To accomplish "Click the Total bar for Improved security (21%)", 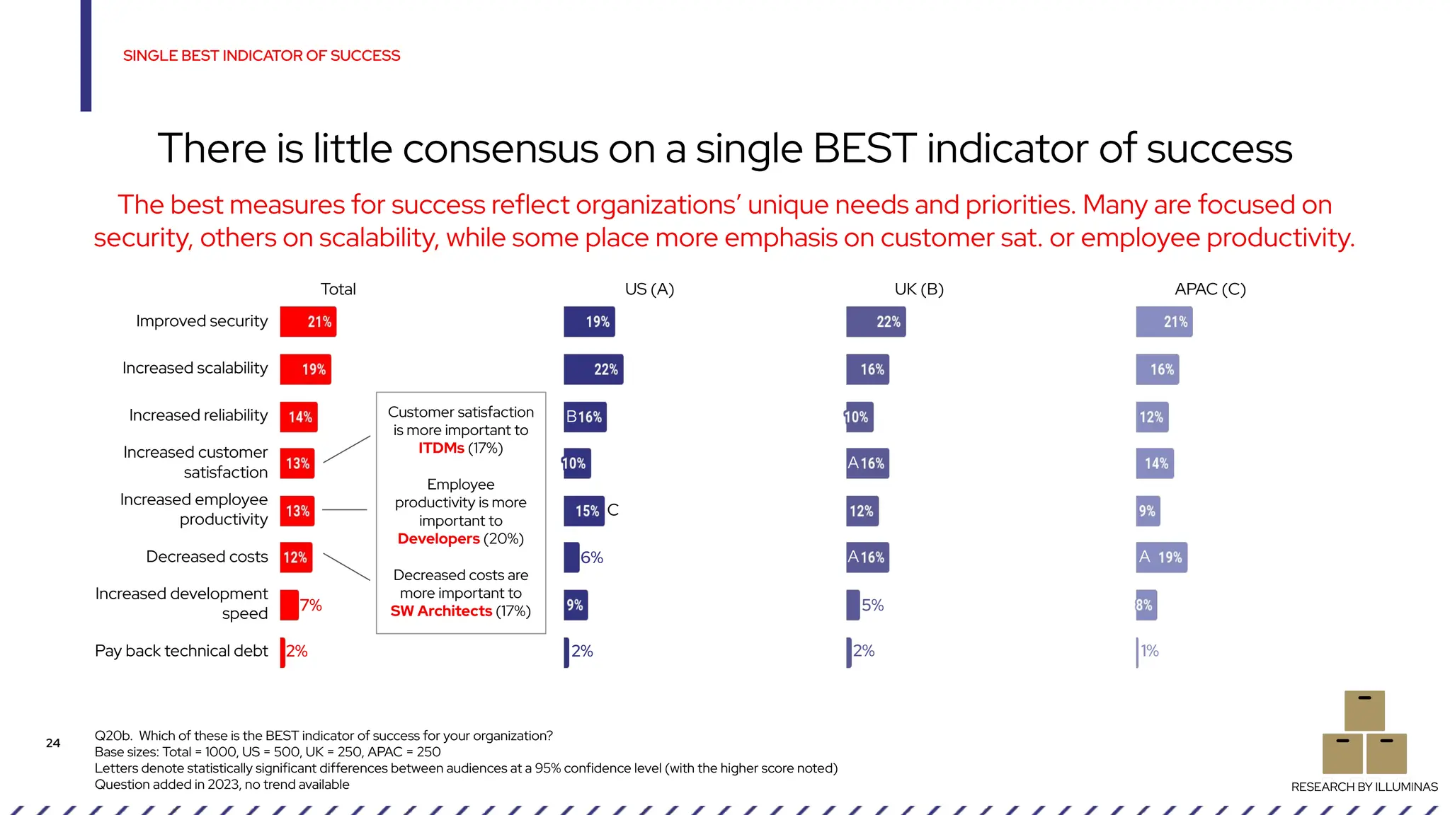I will point(308,322).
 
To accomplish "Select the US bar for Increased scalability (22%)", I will point(593,369).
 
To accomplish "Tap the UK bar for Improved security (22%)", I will point(876,322).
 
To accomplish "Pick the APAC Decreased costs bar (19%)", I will point(1161,557).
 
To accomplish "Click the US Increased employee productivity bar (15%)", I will point(584,511).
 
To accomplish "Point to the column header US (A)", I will point(649,289).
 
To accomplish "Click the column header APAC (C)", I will point(1210,289).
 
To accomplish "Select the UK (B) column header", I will point(919,289).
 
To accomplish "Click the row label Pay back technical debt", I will point(181,651).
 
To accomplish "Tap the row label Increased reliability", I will point(198,415).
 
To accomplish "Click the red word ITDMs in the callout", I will point(441,449).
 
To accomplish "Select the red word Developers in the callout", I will point(438,539).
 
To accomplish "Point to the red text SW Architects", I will point(441,611).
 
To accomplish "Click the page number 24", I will point(53,743).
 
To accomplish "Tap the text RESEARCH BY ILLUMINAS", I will point(1364,787).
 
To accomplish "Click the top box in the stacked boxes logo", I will point(1364,710).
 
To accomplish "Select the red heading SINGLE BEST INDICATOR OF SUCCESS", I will point(261,56).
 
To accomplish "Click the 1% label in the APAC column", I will point(1150,651).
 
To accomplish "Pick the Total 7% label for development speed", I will point(311,605).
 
